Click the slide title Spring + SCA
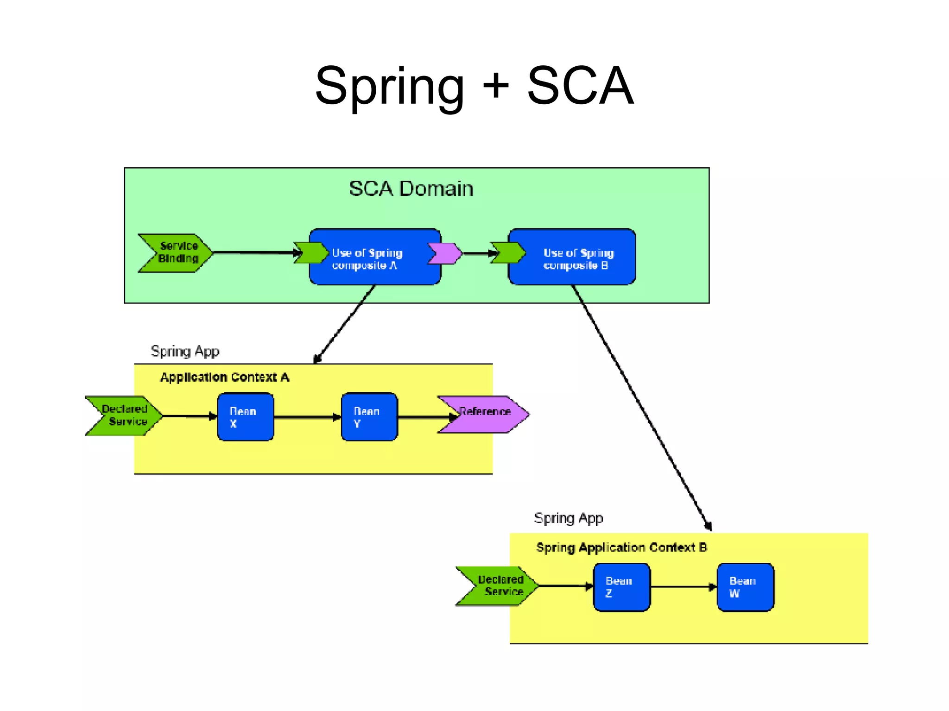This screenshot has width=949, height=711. click(x=474, y=86)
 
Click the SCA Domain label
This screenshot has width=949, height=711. click(x=411, y=189)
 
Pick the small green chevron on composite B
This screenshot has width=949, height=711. click(x=508, y=253)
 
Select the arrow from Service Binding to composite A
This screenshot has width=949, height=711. click(x=255, y=252)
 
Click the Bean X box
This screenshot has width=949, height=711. click(x=245, y=417)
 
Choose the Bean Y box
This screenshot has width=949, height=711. click(x=369, y=417)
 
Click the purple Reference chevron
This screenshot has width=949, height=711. click(x=484, y=415)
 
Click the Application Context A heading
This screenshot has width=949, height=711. click(x=225, y=377)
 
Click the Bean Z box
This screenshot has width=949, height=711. click(x=621, y=587)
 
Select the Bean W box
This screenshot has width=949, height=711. click(x=745, y=587)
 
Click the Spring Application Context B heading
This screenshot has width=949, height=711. click(x=621, y=547)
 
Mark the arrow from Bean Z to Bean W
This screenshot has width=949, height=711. click(x=683, y=587)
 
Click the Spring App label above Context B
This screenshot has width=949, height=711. click(x=568, y=518)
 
